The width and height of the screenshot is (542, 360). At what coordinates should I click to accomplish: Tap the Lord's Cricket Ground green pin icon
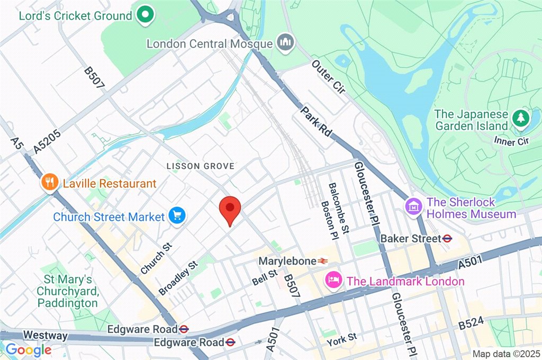point(144,15)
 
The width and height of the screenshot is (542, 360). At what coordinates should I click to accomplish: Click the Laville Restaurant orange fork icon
point(49,183)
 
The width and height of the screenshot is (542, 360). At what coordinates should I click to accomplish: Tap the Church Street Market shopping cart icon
point(177,215)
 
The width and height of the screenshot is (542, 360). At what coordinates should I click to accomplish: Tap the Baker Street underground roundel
point(448,239)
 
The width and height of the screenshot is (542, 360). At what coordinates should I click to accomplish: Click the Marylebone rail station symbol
point(323,261)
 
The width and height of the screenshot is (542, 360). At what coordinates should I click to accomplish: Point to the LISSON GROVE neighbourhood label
point(200,166)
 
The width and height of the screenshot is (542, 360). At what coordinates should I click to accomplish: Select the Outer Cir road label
point(328,78)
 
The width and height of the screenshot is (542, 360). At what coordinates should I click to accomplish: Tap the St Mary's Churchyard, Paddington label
point(67,291)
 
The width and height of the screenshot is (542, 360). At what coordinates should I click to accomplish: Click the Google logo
point(28,349)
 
